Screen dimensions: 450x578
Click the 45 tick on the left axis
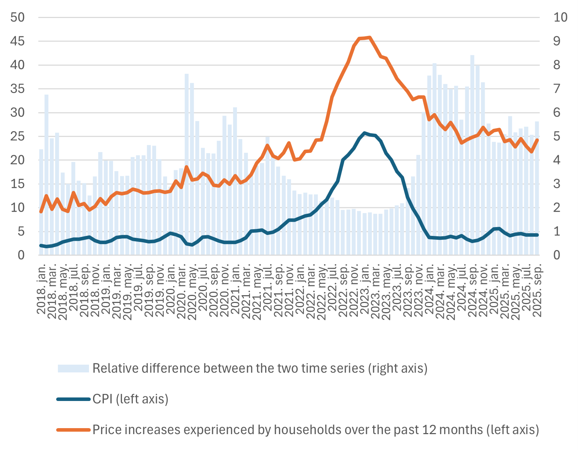[x=17, y=41]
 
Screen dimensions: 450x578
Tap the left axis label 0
[x=21, y=255]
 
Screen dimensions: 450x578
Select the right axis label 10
[x=560, y=17]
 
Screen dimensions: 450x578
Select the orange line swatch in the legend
[x=73, y=430]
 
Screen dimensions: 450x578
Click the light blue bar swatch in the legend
[x=73, y=369]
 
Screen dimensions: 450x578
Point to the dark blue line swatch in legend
[x=73, y=399]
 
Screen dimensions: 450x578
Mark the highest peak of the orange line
[x=369, y=37]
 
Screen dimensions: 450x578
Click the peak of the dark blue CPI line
[x=364, y=133]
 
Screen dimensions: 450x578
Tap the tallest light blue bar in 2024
[x=472, y=56]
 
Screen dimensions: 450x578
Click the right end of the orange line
[x=537, y=140]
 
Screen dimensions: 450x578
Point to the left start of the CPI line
[x=41, y=245]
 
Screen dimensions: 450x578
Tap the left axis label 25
[x=17, y=136]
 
